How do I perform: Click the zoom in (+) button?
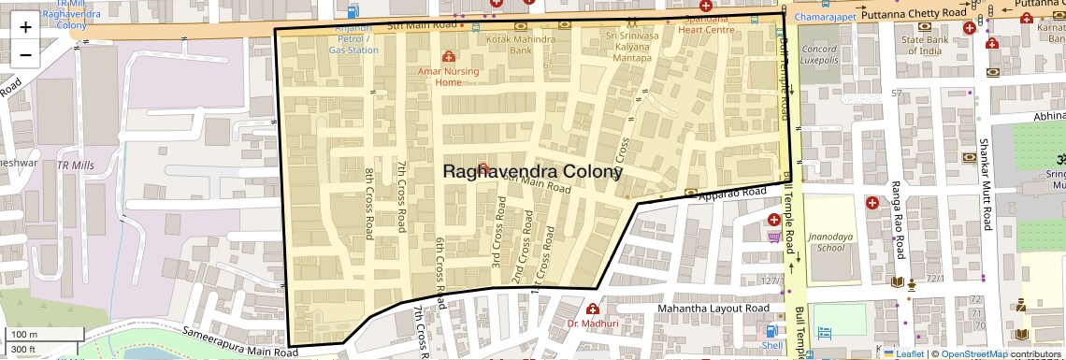pos(25,26)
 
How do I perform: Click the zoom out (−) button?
pos(25,54)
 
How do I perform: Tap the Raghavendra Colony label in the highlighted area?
pos(531,172)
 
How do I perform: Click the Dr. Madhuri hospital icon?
pos(592,310)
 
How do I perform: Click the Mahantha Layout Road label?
pos(713,309)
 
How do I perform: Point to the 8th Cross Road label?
pos(370,204)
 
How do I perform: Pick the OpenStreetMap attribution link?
pos(974,353)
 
